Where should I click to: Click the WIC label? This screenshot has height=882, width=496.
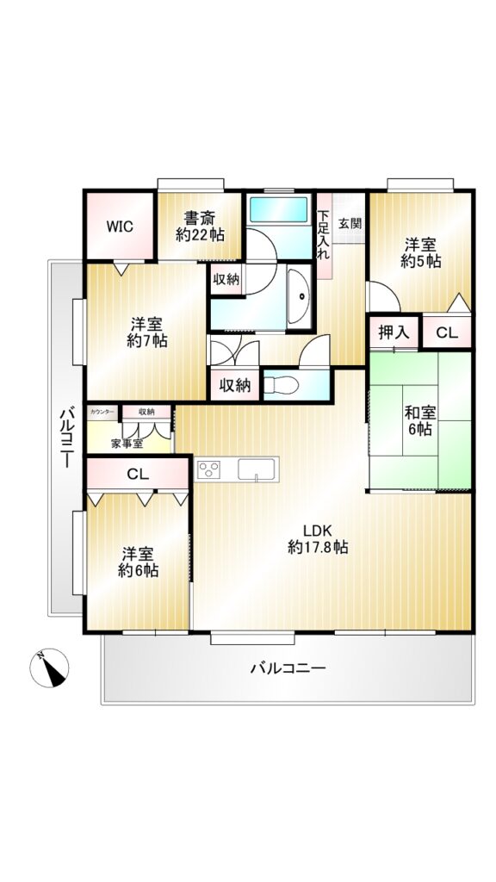coord(121,227)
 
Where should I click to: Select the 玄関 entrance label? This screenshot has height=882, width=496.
coord(350,223)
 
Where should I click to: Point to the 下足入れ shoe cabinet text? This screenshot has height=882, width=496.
coord(324,234)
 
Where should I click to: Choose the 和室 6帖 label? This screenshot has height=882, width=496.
coord(419,421)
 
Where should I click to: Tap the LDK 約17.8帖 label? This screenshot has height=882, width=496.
coord(318,538)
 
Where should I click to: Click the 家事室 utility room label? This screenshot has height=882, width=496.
coord(127,444)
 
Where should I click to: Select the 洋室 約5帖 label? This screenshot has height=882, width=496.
coord(420,253)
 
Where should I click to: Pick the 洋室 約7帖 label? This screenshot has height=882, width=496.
coord(147,332)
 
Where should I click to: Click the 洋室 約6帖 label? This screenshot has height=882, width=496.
coord(139,562)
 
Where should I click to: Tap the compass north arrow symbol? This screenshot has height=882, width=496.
coord(49,668)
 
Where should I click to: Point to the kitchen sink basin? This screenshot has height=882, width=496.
coord(257,469)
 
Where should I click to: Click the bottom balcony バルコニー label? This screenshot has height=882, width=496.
coord(288,668)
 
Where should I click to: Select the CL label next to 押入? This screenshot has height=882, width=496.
coord(448,333)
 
